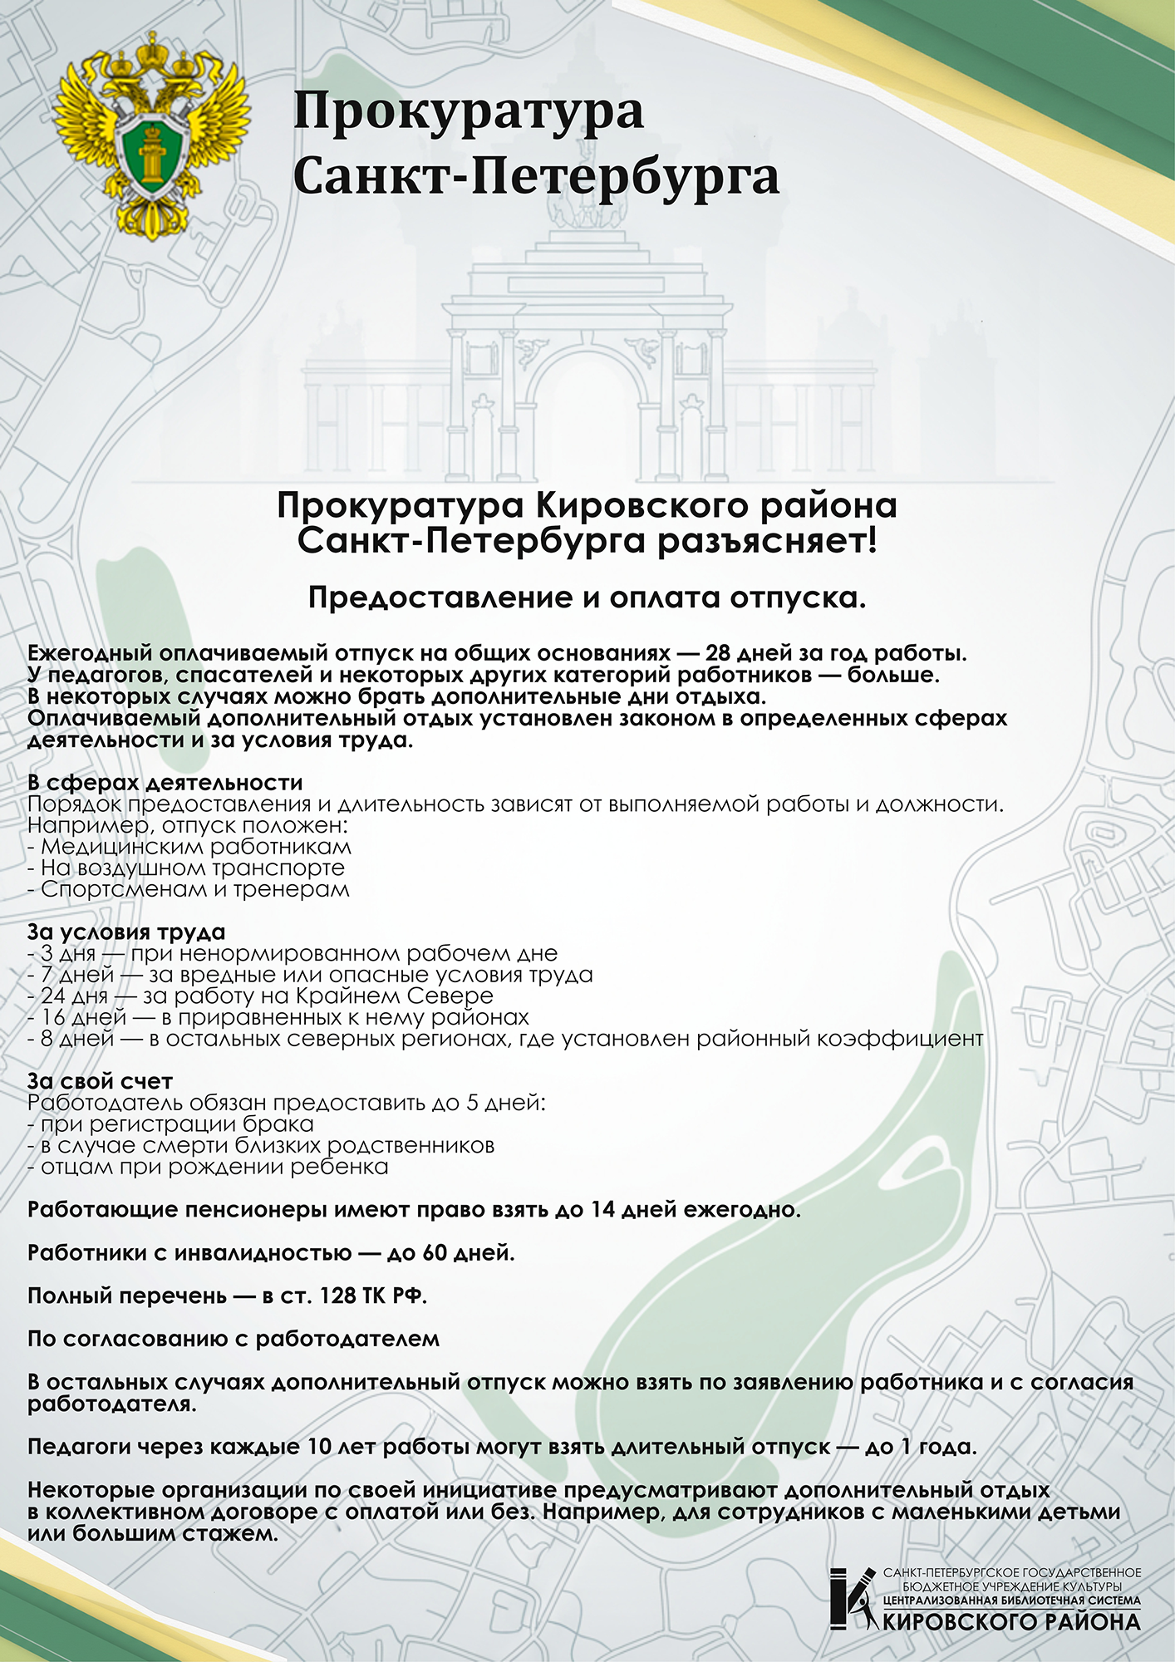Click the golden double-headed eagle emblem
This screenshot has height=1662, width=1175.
[152, 135]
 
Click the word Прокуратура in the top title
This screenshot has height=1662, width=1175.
[468, 111]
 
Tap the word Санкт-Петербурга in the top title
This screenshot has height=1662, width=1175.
[536, 176]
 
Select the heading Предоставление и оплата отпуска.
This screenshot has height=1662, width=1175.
[587, 597]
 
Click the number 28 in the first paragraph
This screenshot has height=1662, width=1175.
[718, 653]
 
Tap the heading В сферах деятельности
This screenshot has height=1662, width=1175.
[165, 783]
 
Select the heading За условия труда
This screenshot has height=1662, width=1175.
[126, 932]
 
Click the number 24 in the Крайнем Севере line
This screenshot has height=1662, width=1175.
[54, 996]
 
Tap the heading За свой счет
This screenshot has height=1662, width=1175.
[100, 1082]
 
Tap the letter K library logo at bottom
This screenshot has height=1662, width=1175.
[852, 1598]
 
